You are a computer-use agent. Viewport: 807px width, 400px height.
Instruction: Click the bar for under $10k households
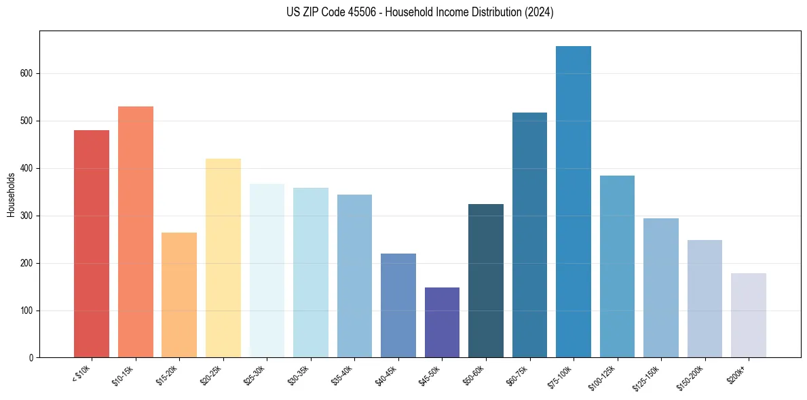pos(92,244)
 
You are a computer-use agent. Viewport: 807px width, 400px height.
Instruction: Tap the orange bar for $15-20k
pos(179,295)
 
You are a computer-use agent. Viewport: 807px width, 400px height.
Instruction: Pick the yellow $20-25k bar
pos(223,258)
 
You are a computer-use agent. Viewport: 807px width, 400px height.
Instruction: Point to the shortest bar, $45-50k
pos(442,323)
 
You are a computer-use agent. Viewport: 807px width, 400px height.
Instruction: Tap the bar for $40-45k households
pos(398,305)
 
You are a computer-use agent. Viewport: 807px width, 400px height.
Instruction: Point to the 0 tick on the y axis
pos(31,358)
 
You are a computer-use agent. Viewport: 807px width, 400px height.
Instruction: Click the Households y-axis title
pos(11,195)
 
